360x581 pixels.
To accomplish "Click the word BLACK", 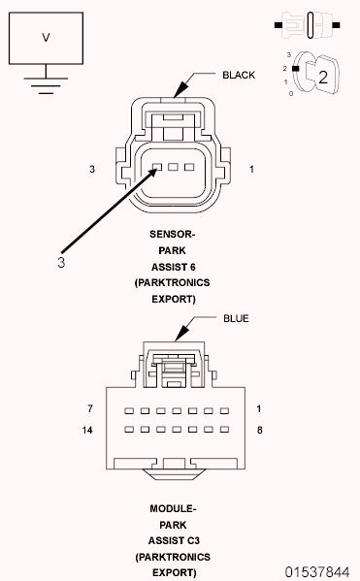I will coord(239,75).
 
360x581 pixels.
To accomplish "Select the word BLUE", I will coord(236,318).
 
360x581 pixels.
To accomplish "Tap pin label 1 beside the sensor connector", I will coord(250,170).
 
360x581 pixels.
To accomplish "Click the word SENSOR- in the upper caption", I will coord(173,234).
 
